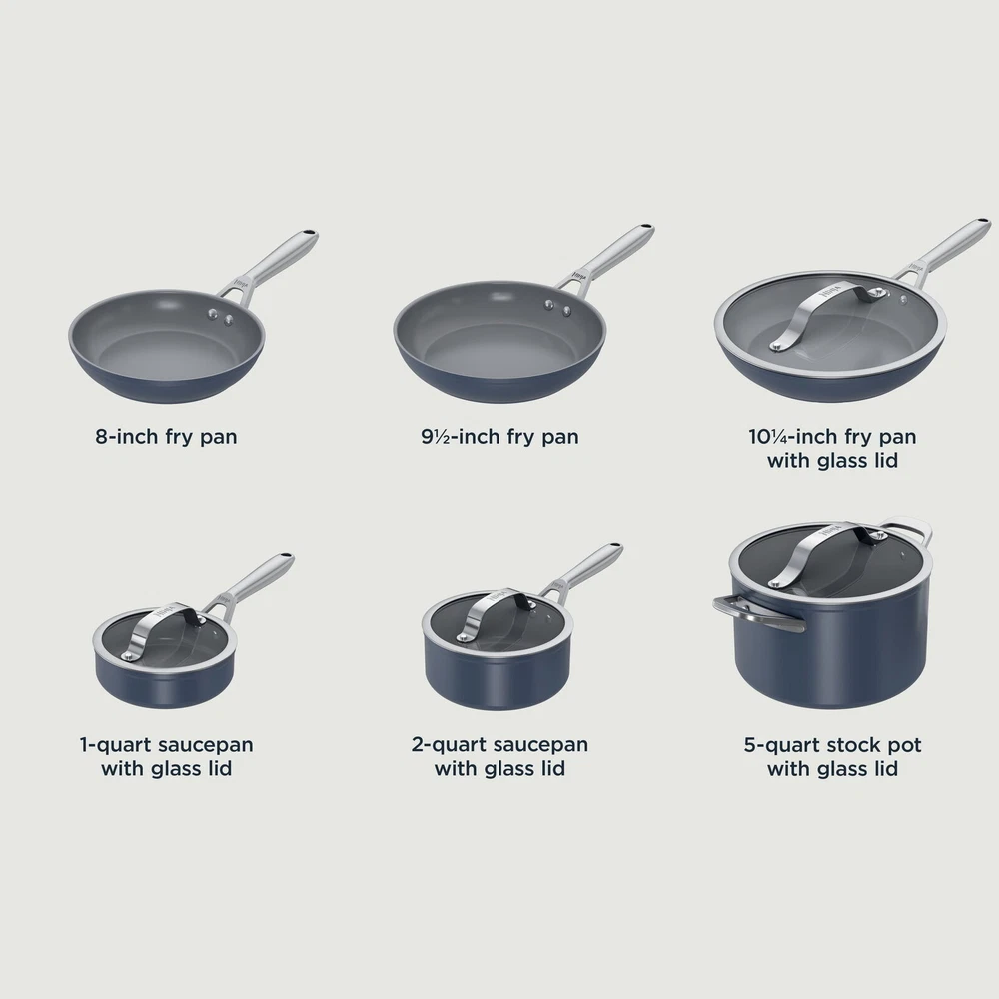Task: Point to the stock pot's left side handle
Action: (758, 614)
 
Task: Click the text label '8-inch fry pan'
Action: (166, 437)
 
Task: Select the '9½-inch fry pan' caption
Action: (499, 437)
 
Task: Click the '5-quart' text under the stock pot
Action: (782, 745)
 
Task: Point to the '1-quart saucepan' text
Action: (166, 745)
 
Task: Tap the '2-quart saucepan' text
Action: (499, 745)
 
